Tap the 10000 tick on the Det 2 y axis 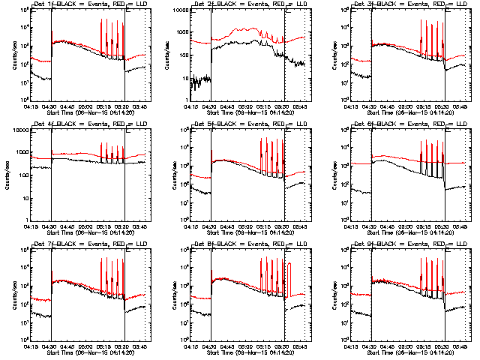(178, 11)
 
